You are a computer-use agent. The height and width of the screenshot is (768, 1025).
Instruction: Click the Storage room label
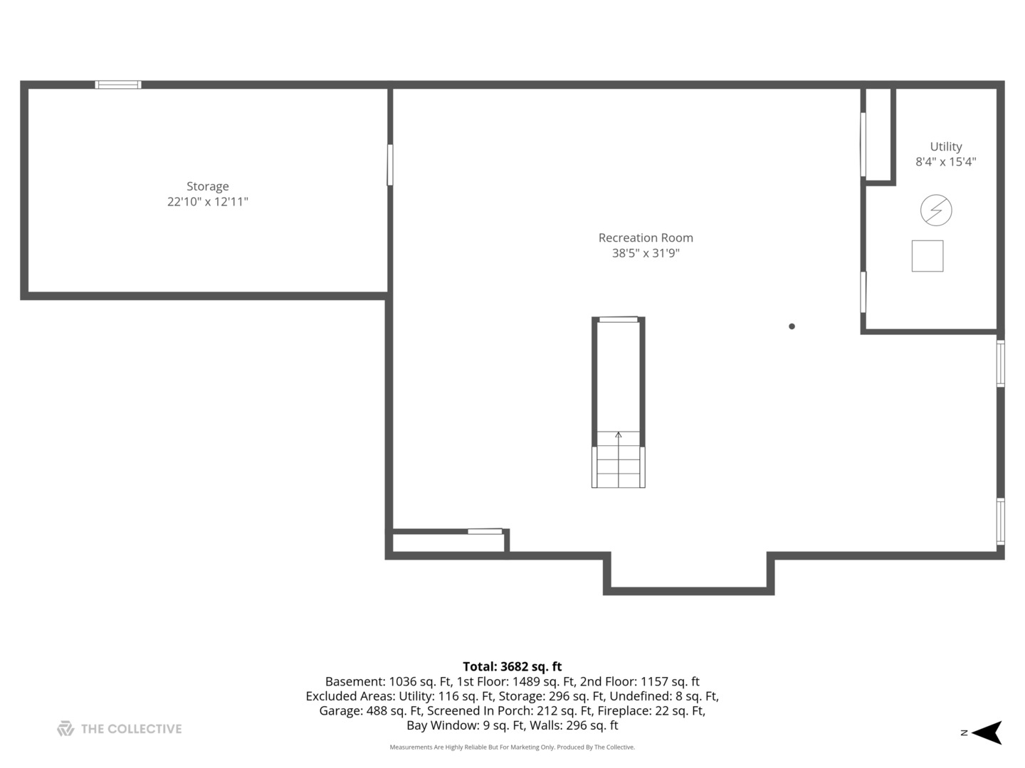[x=207, y=186]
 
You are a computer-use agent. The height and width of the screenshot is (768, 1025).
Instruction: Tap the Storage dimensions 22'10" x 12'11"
[x=207, y=202]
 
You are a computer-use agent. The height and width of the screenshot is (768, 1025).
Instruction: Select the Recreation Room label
[x=645, y=238]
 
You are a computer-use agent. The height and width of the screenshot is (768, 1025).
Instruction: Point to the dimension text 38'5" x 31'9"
[x=645, y=253]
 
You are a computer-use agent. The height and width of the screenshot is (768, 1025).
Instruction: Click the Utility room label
[x=945, y=146]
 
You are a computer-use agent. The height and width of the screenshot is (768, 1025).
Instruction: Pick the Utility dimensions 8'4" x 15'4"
[x=945, y=162]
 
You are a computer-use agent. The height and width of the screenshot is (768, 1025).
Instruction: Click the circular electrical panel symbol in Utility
[x=935, y=210]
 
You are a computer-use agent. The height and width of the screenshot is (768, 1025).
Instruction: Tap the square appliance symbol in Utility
[x=927, y=256]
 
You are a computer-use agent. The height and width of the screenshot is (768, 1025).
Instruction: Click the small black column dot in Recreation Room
[x=792, y=326]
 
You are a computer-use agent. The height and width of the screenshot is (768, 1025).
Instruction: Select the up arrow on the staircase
[x=618, y=435]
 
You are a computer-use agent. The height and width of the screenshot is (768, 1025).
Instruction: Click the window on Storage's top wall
[x=118, y=85]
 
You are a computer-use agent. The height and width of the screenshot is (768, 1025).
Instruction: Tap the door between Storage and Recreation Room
[x=389, y=165]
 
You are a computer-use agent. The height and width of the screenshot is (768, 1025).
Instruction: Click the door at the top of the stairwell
[x=618, y=320]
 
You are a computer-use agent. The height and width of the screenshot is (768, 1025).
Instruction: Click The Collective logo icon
[x=65, y=729]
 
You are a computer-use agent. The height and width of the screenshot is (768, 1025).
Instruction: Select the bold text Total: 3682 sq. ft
[x=512, y=667]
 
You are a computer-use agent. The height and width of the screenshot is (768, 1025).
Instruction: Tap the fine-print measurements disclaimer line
[x=512, y=747]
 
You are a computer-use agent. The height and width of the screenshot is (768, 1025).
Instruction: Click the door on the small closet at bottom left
[x=485, y=531]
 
